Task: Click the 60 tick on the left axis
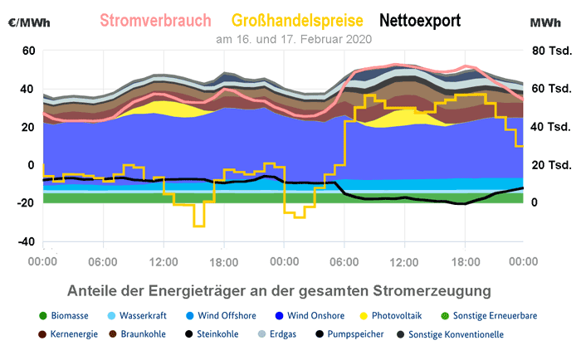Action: [27, 51]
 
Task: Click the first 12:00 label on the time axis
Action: [163, 261]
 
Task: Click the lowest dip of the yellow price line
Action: [198, 226]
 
